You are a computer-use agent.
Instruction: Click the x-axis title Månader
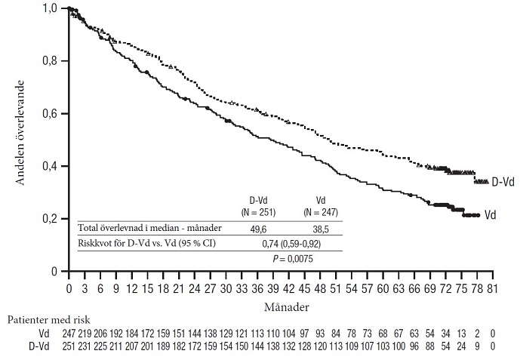click(x=279, y=308)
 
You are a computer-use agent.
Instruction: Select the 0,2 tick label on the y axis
click(x=51, y=218)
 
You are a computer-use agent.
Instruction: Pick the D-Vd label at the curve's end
click(x=503, y=182)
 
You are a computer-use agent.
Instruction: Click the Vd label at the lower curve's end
click(x=490, y=215)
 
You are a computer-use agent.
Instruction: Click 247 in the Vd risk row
click(x=69, y=332)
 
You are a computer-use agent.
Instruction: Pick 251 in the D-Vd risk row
click(x=69, y=346)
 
